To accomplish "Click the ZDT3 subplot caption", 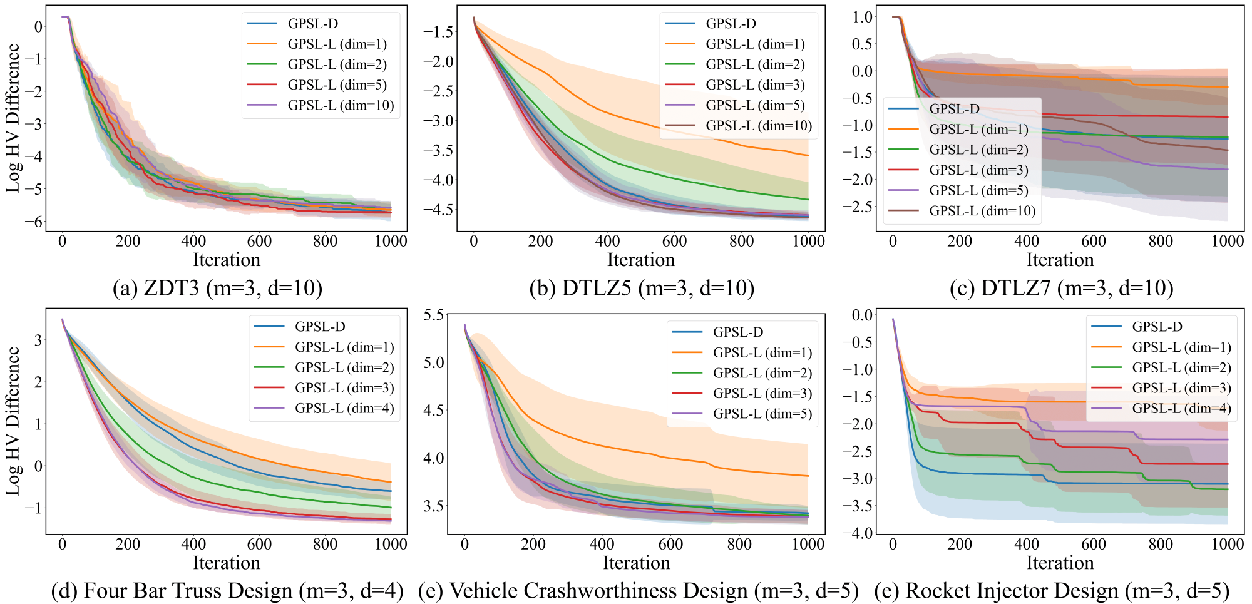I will pos(217,288).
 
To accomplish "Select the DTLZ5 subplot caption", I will pos(642,288).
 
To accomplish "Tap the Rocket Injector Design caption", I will pos(1052,591).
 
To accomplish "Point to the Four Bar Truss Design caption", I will pos(227,591).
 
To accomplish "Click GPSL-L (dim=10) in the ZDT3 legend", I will pos(341,105).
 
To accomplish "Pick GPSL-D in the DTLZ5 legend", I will pos(731,24).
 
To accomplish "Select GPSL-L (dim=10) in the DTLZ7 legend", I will pos(982,211).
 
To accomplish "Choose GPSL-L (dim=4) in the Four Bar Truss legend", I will pos(344,409).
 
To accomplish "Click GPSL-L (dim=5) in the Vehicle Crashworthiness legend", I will pos(762,414).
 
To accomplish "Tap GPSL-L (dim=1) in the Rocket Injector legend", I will pos(1181,347).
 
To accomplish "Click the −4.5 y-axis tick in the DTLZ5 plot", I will pos(438,210).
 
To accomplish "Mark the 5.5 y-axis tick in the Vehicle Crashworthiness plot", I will pos(434,315).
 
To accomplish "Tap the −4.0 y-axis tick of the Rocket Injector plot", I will pos(857,533).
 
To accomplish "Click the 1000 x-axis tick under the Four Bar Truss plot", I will pos(391,545).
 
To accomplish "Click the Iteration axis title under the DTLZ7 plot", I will pos(1060,260).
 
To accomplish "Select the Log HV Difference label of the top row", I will pos(13,118).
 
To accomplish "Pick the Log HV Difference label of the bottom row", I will pos(13,421).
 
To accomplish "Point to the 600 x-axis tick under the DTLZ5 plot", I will pos(674,242).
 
